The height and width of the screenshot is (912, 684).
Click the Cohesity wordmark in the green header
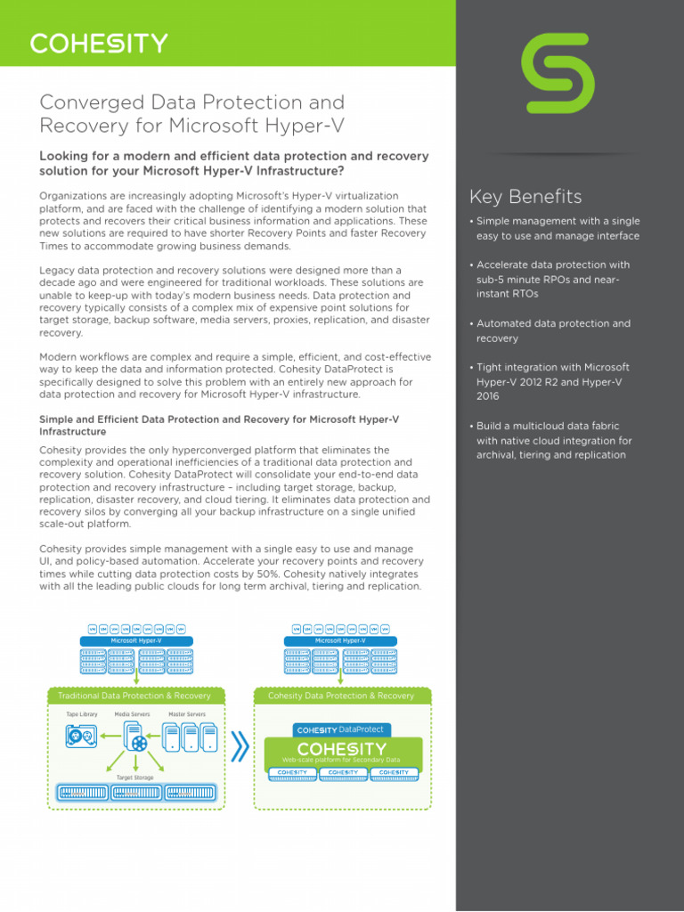(99, 44)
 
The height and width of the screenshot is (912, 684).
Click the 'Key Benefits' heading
(525, 197)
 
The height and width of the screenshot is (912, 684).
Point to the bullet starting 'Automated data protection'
(552, 331)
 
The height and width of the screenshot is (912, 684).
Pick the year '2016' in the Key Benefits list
(488, 396)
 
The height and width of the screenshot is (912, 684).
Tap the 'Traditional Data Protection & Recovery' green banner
(134, 696)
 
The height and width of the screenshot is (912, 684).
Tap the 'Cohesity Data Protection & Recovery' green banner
(341, 696)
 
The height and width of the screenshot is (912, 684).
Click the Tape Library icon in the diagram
(81, 736)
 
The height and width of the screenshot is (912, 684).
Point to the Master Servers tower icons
(188, 737)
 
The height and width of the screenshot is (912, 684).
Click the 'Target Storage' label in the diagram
(134, 778)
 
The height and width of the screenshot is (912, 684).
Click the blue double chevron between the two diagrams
(239, 748)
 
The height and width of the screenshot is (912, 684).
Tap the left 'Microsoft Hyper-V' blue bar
(136, 640)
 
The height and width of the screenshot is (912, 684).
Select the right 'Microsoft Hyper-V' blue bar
(340, 640)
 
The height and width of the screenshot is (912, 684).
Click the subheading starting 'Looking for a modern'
(233, 163)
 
